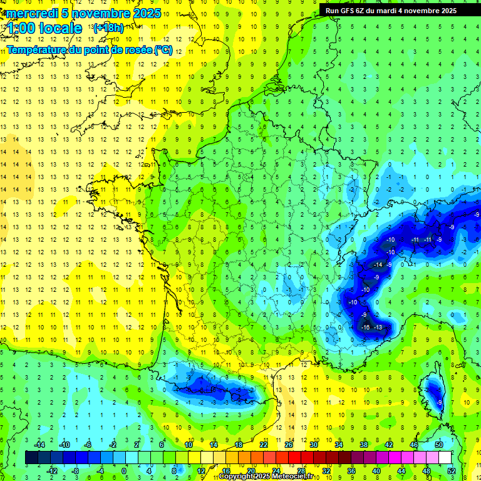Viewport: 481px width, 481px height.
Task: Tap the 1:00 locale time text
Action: (x=44, y=28)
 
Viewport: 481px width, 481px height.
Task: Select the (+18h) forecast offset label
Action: (x=108, y=28)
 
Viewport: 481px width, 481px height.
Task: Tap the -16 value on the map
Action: (x=366, y=327)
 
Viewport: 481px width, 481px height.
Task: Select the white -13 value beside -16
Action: (x=378, y=327)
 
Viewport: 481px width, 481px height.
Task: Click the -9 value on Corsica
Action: (x=440, y=402)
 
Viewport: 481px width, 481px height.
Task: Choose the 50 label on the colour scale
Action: (x=439, y=445)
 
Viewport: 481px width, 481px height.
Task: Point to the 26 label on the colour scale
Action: (x=289, y=445)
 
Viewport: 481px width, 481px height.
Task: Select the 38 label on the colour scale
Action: (x=364, y=445)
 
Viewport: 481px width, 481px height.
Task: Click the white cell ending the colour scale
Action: (x=445, y=458)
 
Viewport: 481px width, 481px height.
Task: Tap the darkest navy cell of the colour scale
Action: (x=31, y=458)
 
